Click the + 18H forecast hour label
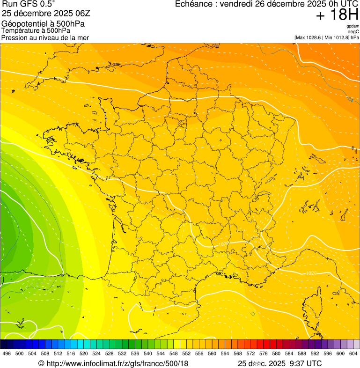[x=337, y=15]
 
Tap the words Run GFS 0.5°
[x=28, y=5]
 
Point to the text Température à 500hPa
[x=36, y=30]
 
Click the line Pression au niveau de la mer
[x=45, y=37]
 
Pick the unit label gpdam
[x=353, y=26]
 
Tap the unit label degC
[x=353, y=32]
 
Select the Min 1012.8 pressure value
[x=337, y=37]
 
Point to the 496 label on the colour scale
[x=7, y=353]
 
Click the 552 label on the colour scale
[x=186, y=353]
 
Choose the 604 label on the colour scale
[x=353, y=353]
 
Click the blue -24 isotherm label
[x=350, y=99]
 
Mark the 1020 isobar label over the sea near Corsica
[x=311, y=273]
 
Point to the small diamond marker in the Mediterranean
[x=253, y=314]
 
